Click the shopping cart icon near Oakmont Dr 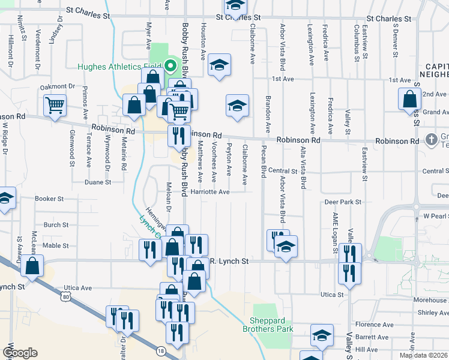point(55,106)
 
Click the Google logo point(20,353)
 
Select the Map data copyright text point(424,355)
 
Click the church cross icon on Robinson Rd point(430,140)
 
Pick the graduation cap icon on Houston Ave point(220,65)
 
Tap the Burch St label point(56,225)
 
